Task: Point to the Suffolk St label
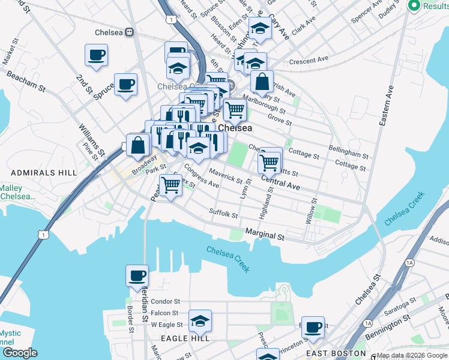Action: click(x=223, y=212)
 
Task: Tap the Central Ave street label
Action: click(x=280, y=182)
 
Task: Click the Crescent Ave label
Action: click(x=309, y=61)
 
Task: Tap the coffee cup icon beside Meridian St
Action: click(x=137, y=275)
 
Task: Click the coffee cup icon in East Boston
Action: click(x=313, y=327)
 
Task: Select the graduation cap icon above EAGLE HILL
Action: click(x=200, y=321)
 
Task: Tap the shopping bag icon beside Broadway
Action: click(x=138, y=145)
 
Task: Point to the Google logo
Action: click(x=20, y=353)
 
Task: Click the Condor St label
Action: click(x=165, y=301)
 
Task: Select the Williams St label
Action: click(x=92, y=137)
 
